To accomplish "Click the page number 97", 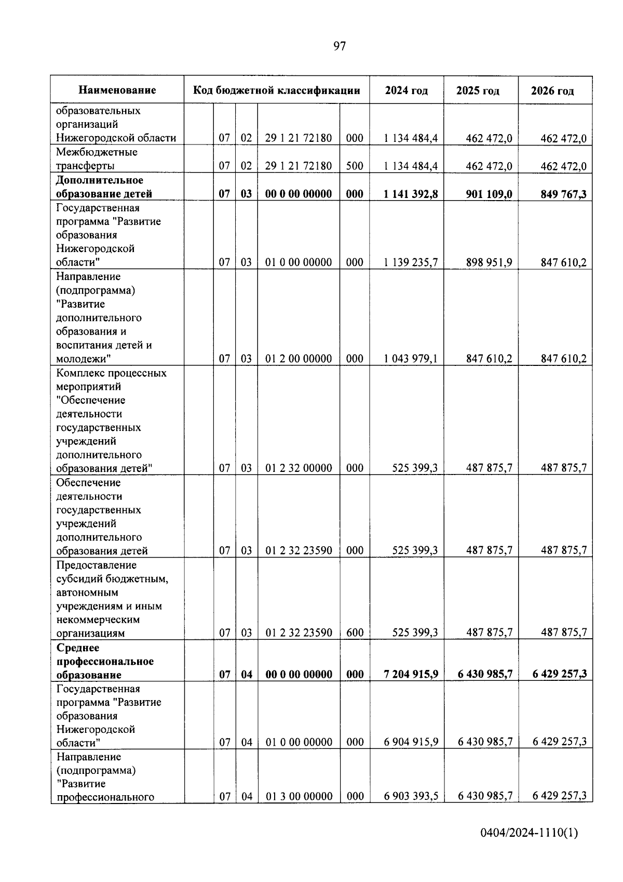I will [x=339, y=46].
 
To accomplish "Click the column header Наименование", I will [x=117, y=90].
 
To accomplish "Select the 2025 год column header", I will [x=478, y=91].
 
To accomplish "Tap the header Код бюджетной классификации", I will [x=277, y=90].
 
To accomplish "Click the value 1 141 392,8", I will [x=411, y=194].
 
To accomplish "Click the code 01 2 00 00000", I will [x=299, y=359].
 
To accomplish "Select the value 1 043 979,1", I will [x=411, y=359].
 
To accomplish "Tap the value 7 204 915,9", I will [x=411, y=674].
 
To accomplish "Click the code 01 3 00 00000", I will [x=299, y=796].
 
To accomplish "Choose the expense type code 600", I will [x=355, y=633].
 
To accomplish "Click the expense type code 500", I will [x=355, y=166].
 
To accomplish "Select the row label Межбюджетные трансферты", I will [x=97, y=159].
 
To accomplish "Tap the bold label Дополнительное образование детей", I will [x=104, y=187].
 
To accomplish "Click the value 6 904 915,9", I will [x=411, y=742].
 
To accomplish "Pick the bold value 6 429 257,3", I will [x=559, y=674].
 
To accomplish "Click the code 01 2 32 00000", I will [x=299, y=468].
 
